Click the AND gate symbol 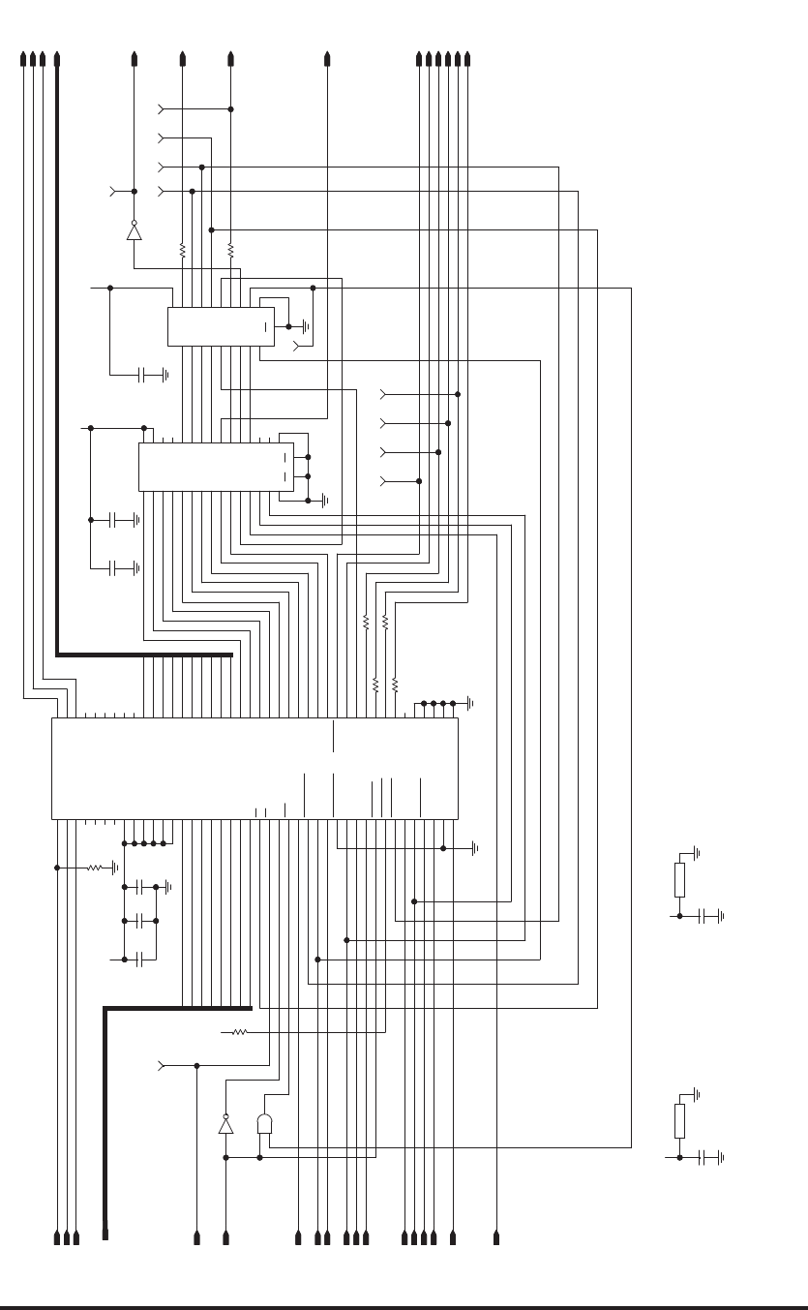(x=265, y=1123)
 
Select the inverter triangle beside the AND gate (x=225, y=1125)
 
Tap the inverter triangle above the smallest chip (x=134, y=231)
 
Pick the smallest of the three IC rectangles (x=221, y=326)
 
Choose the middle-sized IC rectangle (x=214, y=467)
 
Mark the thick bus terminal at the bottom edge (x=105, y=1235)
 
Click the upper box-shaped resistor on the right (x=679, y=879)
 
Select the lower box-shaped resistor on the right (x=679, y=1121)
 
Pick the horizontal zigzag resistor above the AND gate (x=238, y=1032)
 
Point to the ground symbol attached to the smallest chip (x=306, y=326)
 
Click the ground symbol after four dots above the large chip (x=468, y=703)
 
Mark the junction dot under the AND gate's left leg (x=259, y=1156)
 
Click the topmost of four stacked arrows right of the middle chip (x=386, y=394)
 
